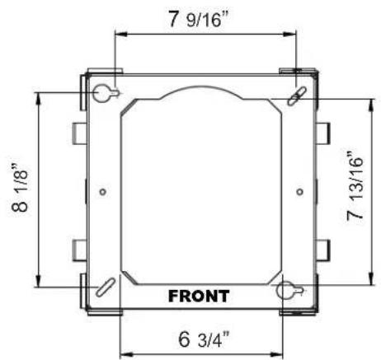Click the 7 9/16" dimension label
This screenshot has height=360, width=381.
pyautogui.click(x=199, y=19)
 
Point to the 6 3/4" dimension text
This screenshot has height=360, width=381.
pyautogui.click(x=204, y=339)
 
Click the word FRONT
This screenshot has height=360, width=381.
pyautogui.click(x=199, y=296)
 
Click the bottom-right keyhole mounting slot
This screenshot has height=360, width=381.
pyautogui.click(x=289, y=291)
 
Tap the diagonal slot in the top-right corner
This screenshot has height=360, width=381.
pyautogui.click(x=297, y=96)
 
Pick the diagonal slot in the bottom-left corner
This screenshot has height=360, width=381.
pyautogui.click(x=106, y=288)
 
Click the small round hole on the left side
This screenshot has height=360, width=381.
pyautogui.click(x=103, y=192)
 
